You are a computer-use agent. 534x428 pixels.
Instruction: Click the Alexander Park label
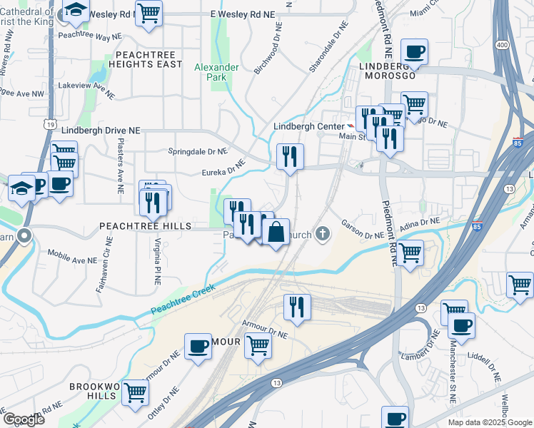[216, 73]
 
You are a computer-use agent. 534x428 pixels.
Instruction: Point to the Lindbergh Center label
[304, 127]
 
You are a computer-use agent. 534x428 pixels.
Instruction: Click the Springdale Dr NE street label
[196, 151]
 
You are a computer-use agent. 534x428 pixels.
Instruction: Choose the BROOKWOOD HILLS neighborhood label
[94, 391]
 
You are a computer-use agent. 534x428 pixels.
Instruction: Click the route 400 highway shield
[502, 45]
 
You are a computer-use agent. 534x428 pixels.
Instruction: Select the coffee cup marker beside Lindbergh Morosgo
[414, 51]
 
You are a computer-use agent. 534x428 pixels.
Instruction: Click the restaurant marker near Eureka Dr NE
[290, 156]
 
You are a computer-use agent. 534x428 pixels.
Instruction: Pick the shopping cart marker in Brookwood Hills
[135, 392]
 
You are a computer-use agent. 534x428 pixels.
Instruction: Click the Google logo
[24, 419]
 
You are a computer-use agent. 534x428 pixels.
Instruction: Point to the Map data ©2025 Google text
[489, 422]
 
